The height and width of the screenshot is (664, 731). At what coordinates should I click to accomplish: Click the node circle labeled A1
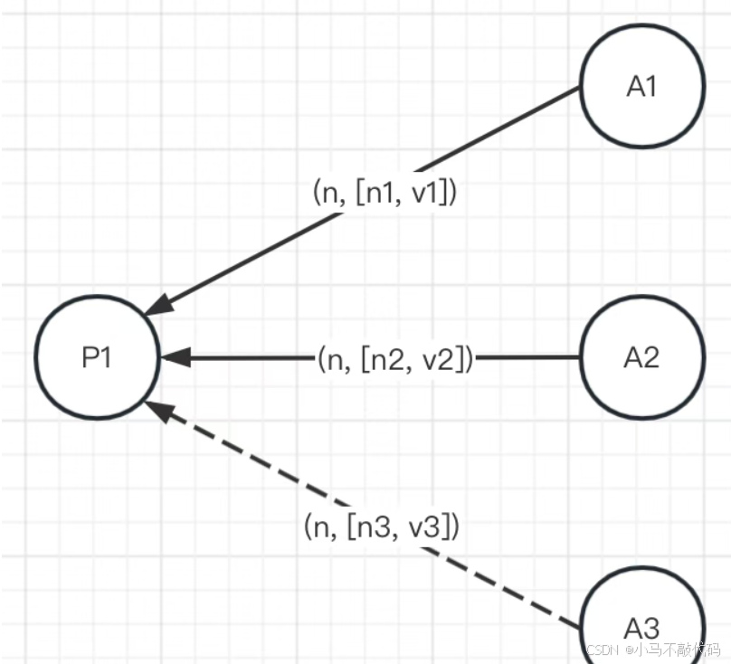(x=641, y=87)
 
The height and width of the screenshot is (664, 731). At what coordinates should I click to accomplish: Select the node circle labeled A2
(x=641, y=357)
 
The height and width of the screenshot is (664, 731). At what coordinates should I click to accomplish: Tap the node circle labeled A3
(x=641, y=624)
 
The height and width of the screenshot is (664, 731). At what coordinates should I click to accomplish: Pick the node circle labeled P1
(x=98, y=357)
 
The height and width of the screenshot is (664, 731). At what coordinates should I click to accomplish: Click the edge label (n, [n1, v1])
(x=384, y=194)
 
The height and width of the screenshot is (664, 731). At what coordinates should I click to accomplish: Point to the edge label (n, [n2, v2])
(x=395, y=359)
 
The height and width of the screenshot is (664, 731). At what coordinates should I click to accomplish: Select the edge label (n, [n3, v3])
(x=382, y=526)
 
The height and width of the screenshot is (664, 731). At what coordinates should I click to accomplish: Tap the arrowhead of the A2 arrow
(x=175, y=358)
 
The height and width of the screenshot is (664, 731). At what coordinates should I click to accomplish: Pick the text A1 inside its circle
(x=641, y=87)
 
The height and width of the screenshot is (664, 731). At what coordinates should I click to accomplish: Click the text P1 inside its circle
(x=97, y=358)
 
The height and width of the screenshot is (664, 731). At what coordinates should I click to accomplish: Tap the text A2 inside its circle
(x=641, y=358)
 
